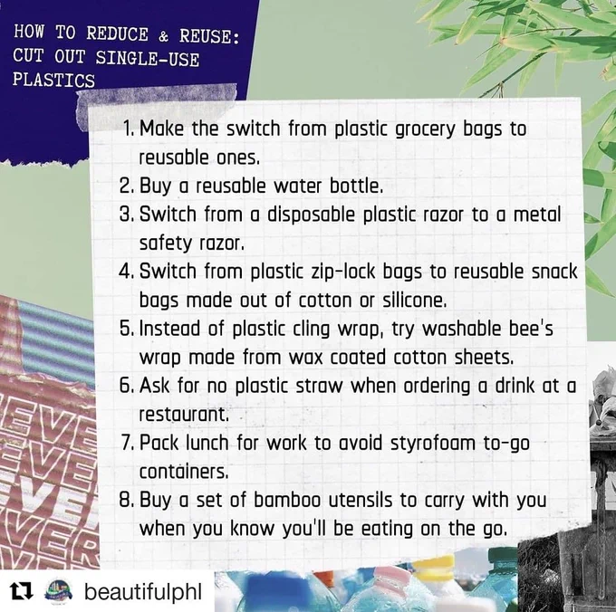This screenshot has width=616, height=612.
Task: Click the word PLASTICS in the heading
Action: (53, 80)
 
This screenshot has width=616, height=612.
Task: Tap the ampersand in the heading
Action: (164, 36)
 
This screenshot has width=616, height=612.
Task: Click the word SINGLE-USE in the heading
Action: (148, 58)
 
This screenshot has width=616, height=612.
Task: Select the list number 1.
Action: (128, 129)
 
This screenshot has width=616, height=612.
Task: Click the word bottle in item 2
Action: (356, 186)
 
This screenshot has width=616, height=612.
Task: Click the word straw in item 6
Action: (319, 387)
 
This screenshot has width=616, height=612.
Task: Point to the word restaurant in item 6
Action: (184, 415)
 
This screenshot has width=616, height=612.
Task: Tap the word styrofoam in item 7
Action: (433, 444)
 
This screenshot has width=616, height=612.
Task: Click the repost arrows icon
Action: (22, 592)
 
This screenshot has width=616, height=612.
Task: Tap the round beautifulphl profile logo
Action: (59, 591)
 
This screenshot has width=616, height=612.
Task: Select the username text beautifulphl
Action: (143, 591)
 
